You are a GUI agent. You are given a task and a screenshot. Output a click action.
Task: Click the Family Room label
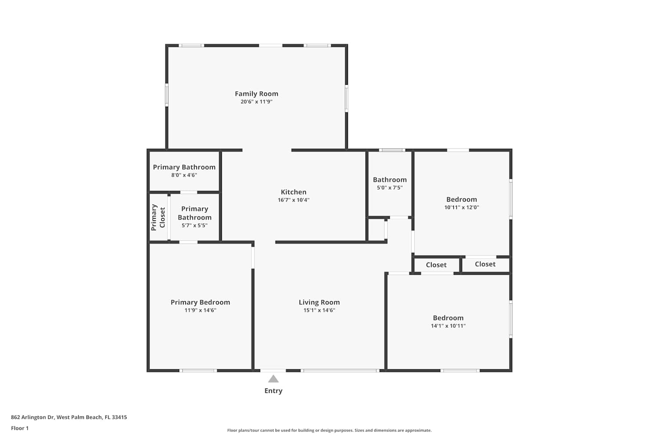(256, 94)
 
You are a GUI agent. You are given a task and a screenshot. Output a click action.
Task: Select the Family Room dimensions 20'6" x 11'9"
(256, 102)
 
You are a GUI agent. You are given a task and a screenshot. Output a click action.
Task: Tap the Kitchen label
(293, 192)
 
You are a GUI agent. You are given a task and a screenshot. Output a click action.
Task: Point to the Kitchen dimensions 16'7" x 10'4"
(293, 200)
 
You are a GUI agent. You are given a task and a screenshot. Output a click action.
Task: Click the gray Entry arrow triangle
(273, 379)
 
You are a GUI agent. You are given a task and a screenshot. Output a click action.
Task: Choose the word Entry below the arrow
(273, 391)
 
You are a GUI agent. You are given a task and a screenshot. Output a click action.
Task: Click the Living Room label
(319, 302)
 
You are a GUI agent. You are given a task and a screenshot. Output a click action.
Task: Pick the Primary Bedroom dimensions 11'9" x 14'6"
(200, 310)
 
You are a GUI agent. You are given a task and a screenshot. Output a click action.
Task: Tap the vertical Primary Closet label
(158, 217)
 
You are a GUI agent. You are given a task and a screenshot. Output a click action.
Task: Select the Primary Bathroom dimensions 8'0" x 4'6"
(184, 175)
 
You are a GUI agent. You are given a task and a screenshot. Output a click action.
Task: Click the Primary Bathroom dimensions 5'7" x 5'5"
(195, 226)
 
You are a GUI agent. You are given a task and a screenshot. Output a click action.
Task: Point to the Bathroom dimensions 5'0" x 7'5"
(390, 187)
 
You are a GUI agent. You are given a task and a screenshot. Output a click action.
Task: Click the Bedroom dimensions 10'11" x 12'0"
(462, 207)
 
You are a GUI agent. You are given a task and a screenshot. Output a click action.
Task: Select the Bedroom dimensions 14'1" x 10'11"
(448, 326)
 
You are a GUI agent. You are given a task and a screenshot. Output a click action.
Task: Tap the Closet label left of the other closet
(436, 265)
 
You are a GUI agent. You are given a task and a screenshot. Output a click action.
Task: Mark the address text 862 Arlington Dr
(33, 417)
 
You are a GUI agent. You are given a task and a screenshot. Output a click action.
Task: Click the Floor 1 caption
(20, 428)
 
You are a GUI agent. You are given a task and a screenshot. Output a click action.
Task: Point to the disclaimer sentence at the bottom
(329, 430)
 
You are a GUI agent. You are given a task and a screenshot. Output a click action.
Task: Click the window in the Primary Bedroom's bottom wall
(198, 371)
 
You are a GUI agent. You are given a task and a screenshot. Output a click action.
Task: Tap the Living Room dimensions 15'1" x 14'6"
(319, 310)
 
